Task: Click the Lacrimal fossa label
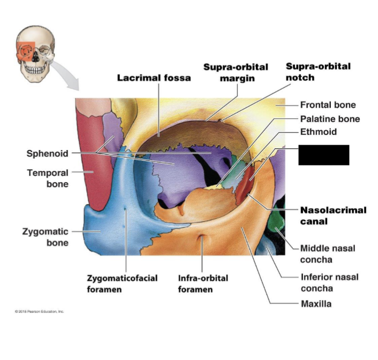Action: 154,78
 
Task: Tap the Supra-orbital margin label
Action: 236,73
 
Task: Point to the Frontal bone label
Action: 328,105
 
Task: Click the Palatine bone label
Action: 329,119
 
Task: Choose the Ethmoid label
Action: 318,132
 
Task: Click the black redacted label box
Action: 323,155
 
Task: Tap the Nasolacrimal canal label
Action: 333,215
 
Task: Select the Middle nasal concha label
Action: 327,254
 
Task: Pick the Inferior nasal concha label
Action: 329,282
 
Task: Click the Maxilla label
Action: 315,304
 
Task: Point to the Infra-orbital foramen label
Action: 203,284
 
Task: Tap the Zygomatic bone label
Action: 46,237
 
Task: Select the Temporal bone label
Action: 48,178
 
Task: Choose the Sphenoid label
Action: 48,154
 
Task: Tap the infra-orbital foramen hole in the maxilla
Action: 202,238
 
